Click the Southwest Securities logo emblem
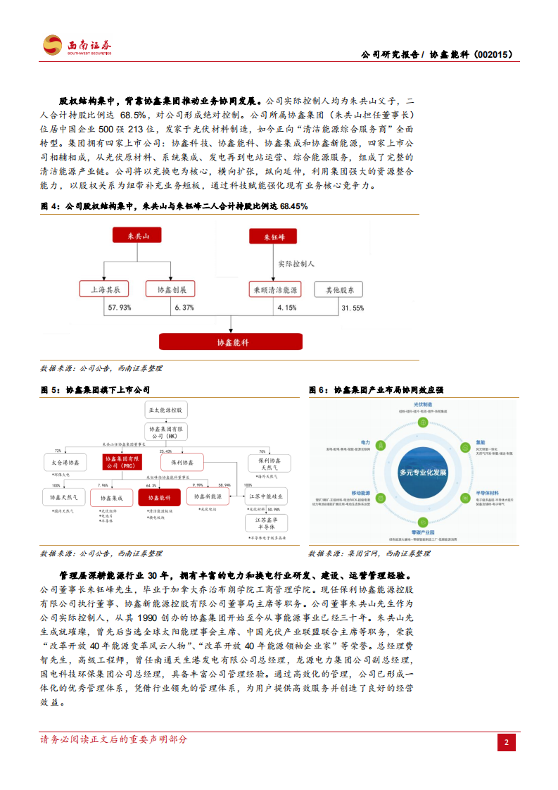tap(52, 45)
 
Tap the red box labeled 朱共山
tap(137, 237)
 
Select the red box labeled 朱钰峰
tap(274, 237)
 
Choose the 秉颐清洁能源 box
tap(274, 289)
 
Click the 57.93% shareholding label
tap(120, 308)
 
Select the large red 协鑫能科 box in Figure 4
tap(231, 342)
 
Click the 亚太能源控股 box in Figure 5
tap(165, 409)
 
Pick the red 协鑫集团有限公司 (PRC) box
tap(122, 462)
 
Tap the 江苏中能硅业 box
tap(266, 497)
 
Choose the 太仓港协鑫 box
tap(65, 463)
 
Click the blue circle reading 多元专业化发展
tap(421, 472)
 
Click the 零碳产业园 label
tap(421, 533)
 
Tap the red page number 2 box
tap(507, 743)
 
